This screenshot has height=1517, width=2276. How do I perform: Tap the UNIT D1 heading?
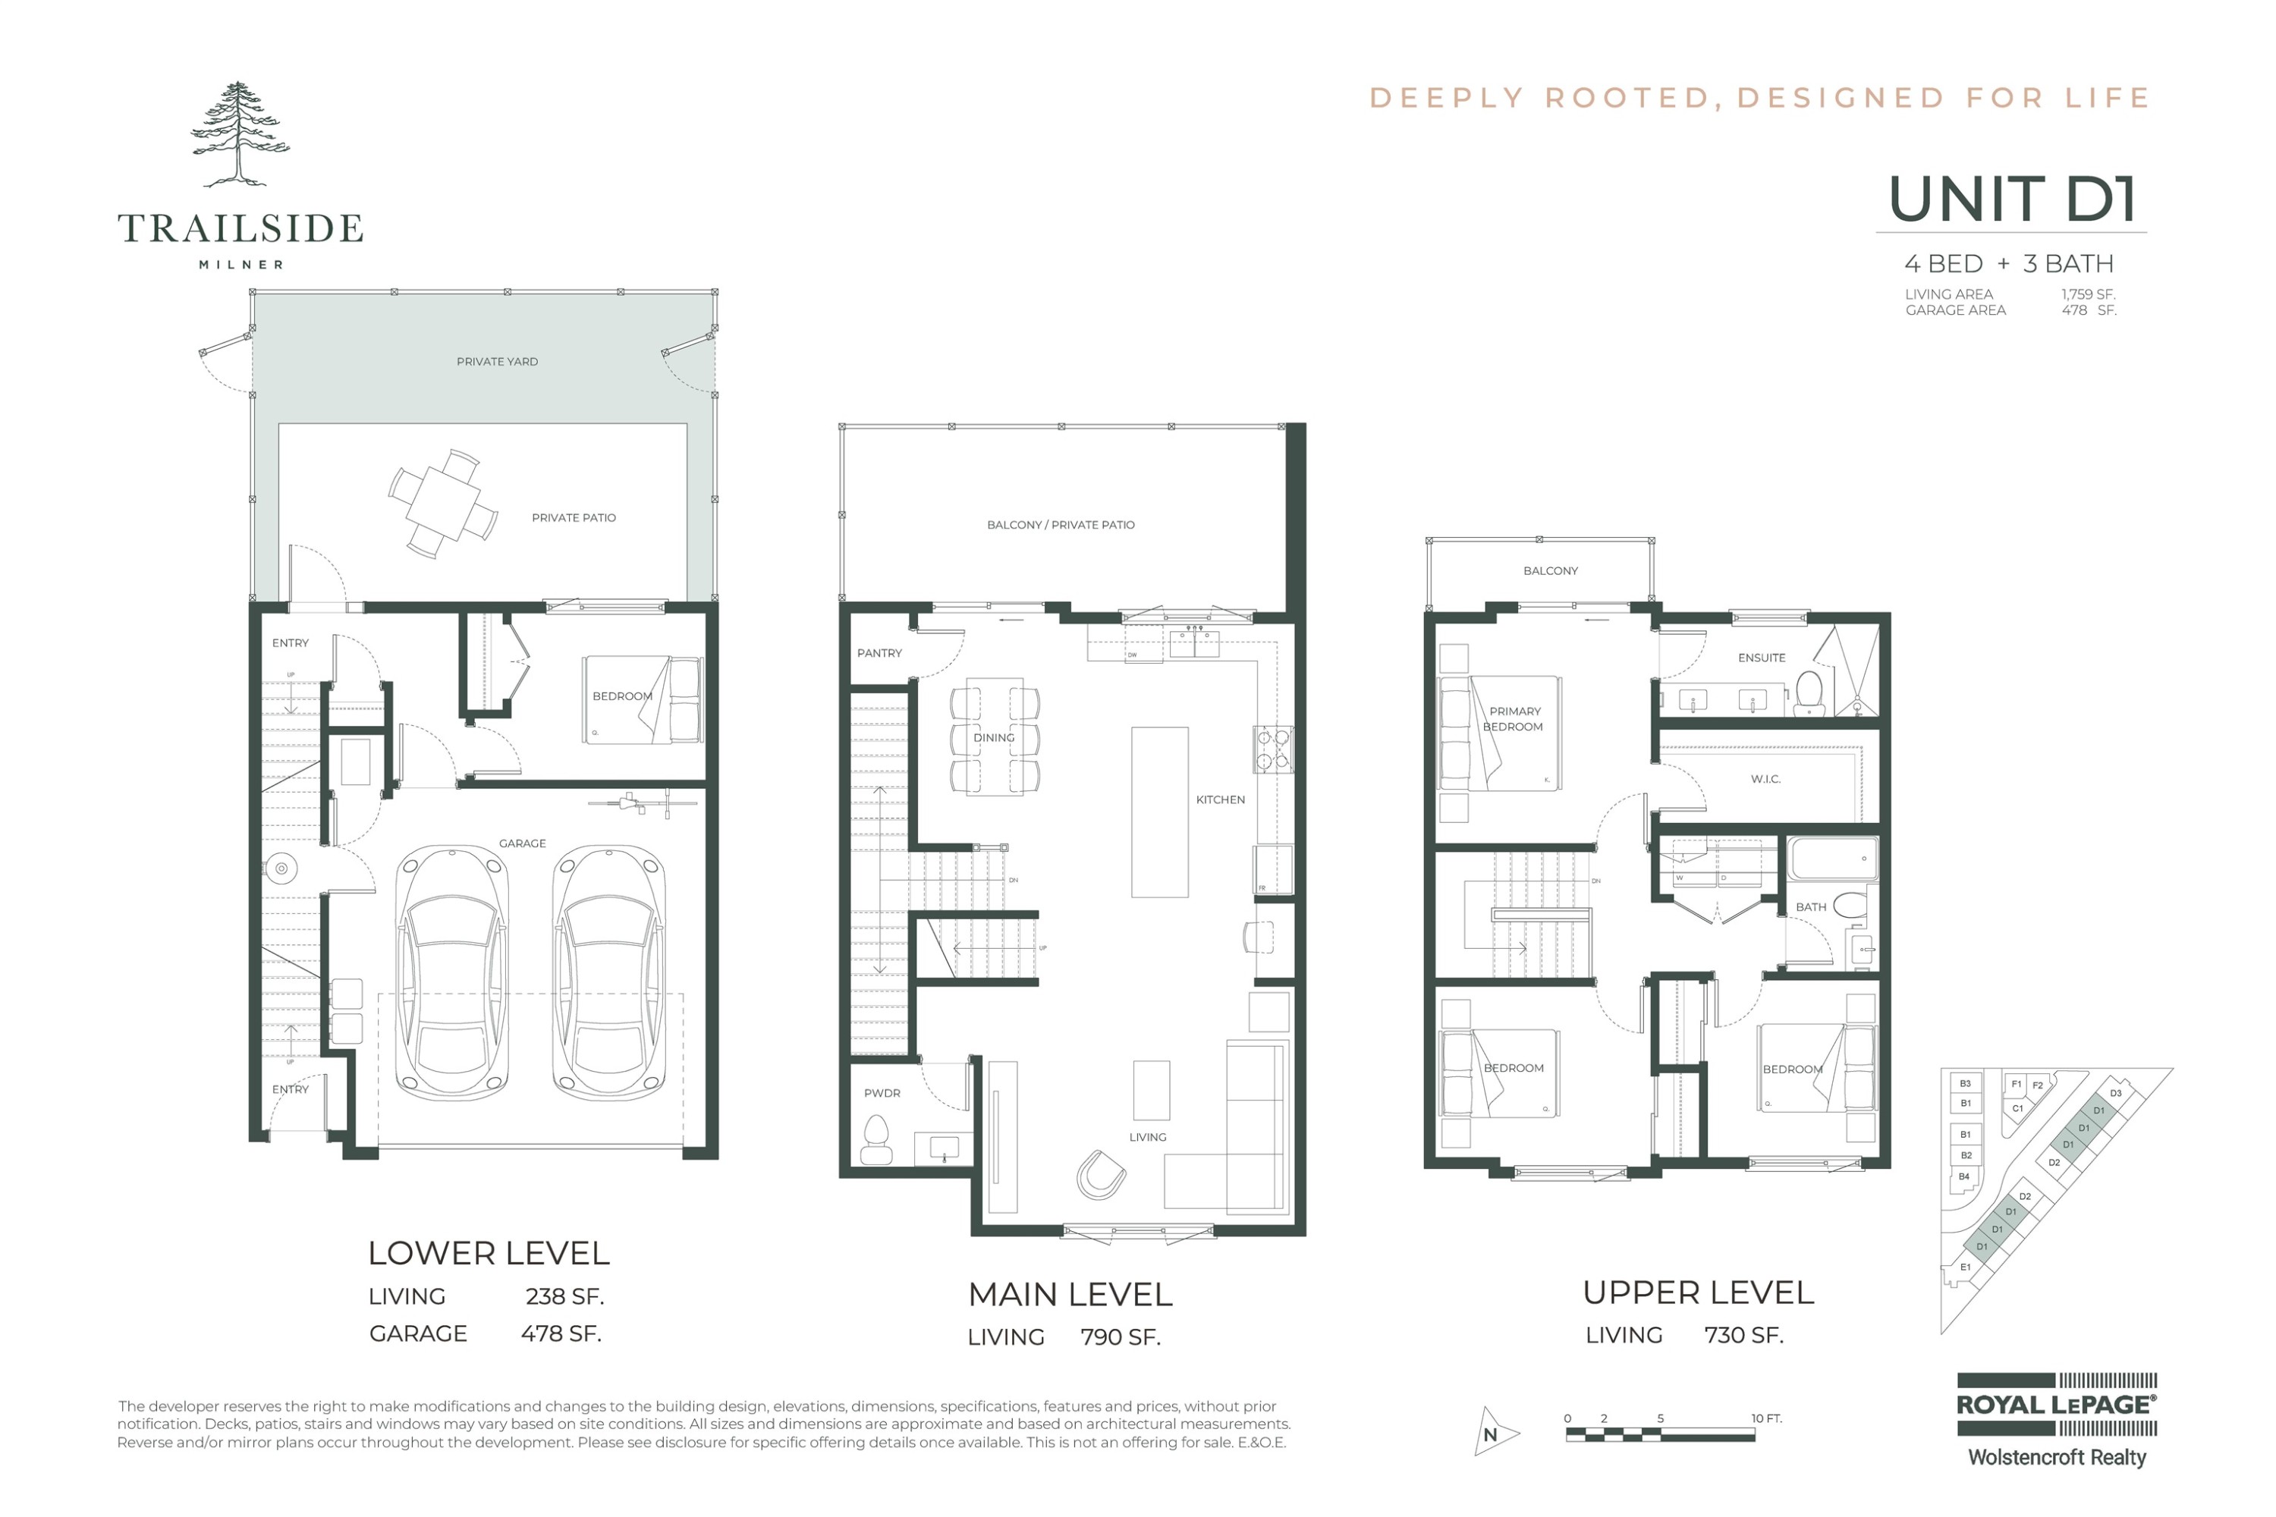(2012, 199)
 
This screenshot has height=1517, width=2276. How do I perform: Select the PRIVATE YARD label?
(498, 362)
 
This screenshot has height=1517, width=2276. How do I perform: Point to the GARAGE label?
(523, 843)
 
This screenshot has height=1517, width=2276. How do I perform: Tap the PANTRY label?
(879, 653)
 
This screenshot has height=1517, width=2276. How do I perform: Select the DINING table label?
(994, 737)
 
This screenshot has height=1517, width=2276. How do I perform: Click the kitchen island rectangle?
(1159, 812)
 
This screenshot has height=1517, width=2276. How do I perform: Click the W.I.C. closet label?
(1765, 779)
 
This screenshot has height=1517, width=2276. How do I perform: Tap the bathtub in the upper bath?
(1832, 858)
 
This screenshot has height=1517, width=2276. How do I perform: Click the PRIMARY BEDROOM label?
(1514, 719)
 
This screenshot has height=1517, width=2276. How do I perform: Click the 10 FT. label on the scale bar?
(1766, 1418)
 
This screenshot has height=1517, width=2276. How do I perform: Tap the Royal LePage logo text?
(2056, 1405)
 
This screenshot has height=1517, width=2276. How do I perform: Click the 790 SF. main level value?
(1120, 1337)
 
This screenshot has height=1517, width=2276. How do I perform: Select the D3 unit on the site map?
(2115, 1093)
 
